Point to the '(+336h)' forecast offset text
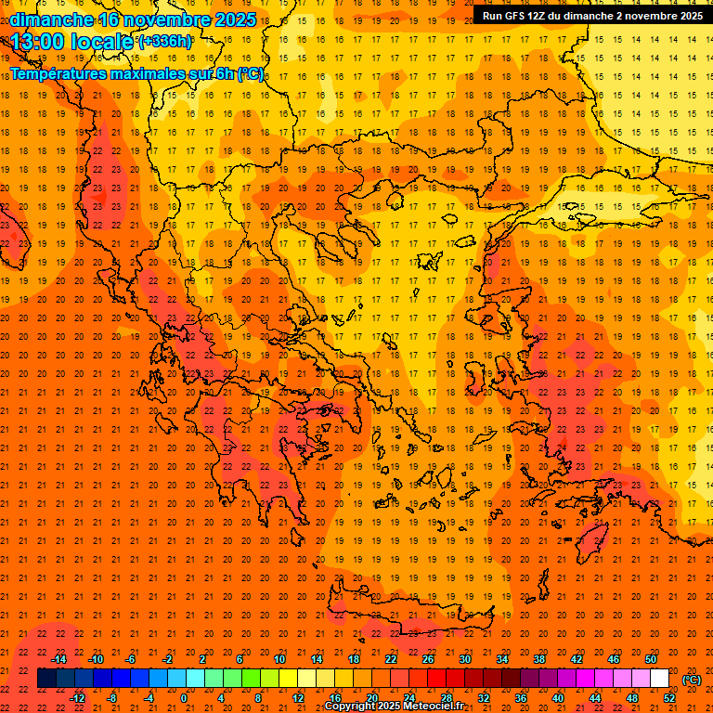165,41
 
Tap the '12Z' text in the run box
541,16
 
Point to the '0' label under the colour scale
184,697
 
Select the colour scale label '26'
428,659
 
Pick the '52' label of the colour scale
669,697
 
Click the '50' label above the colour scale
651,659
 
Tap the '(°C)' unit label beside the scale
692,680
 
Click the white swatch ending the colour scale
659,679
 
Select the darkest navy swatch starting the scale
46,679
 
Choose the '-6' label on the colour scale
130,659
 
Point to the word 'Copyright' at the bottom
351,707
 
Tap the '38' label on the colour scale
539,659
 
